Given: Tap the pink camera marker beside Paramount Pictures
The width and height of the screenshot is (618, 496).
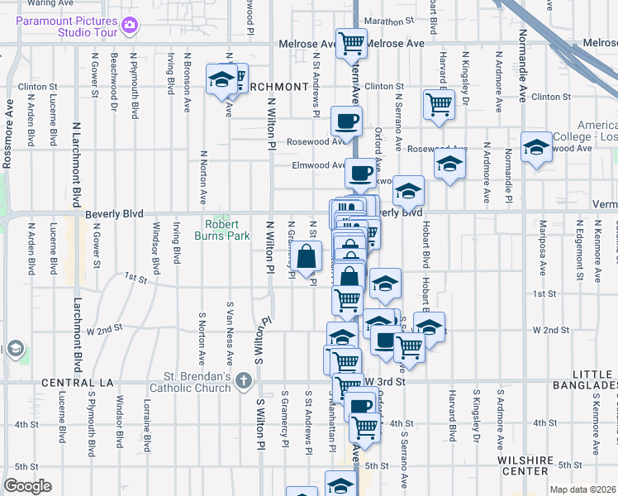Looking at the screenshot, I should pos(129,25).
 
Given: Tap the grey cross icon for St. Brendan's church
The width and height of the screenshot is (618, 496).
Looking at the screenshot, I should pos(243,381).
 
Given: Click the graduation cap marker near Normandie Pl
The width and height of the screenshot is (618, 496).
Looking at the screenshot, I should pos(536,147).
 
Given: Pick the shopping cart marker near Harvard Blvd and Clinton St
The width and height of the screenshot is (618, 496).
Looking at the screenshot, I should pos(438,104).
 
